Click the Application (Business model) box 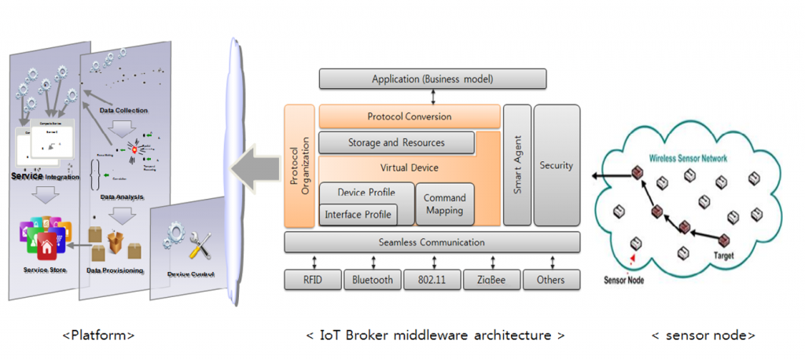point(432,79)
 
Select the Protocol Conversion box point(410,116)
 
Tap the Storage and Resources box point(396,143)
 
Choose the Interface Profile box point(358,214)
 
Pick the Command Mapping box point(444,204)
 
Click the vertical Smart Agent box point(516,165)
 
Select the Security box point(557,165)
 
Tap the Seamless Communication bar point(432,242)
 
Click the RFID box point(312,280)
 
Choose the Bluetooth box point(373,280)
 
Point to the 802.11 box point(432,280)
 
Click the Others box point(550,280)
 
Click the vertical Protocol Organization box point(300,165)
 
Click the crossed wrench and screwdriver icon point(201,247)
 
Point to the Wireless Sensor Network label point(688,158)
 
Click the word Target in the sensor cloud point(723,256)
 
